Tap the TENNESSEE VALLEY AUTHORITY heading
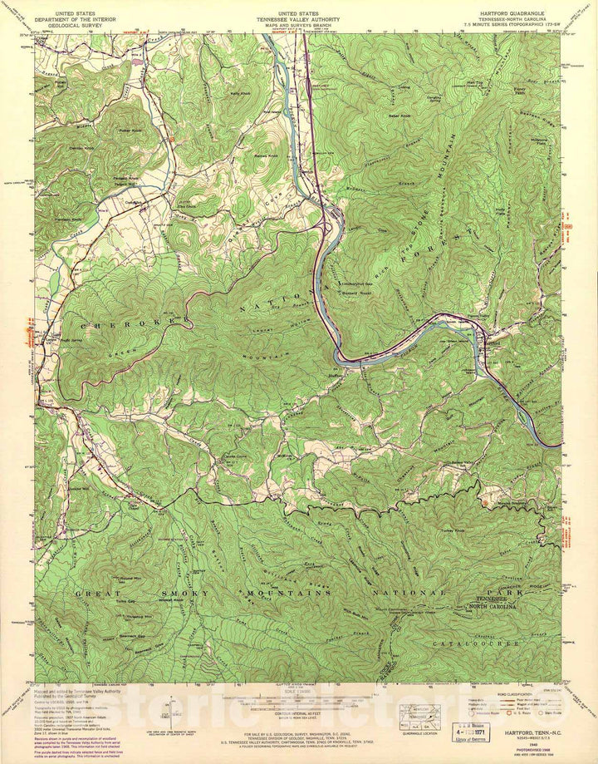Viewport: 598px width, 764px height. (x=297, y=19)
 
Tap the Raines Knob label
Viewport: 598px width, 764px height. (x=243, y=155)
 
